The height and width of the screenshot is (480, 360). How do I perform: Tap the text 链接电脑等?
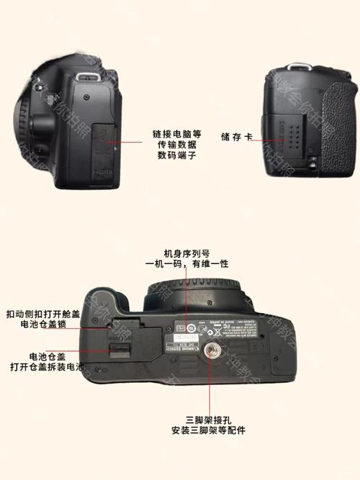click(176, 134)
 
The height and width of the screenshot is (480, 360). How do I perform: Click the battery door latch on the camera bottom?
click(118, 350)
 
